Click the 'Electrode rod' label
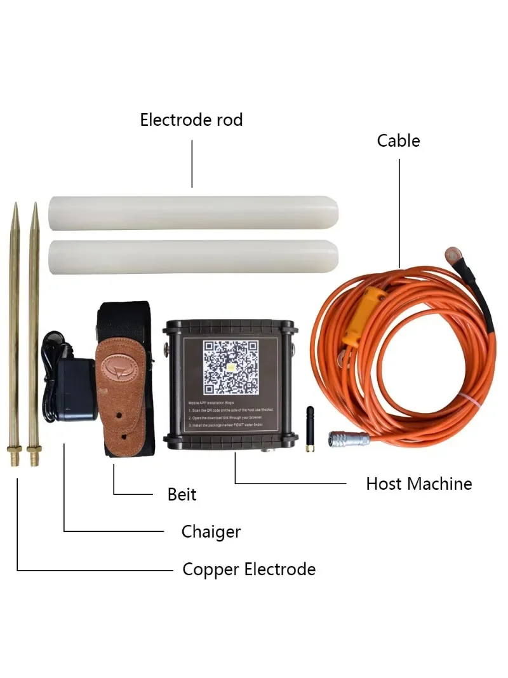[x=191, y=119]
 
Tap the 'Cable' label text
[x=398, y=140]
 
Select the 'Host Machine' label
[x=418, y=484]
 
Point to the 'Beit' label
[x=182, y=494]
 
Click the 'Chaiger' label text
[x=211, y=531]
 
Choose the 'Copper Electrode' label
[x=248, y=569]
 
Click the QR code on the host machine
[x=230, y=367]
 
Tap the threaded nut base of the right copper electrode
[x=34, y=455]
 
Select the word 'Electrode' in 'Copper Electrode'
[x=277, y=569]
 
